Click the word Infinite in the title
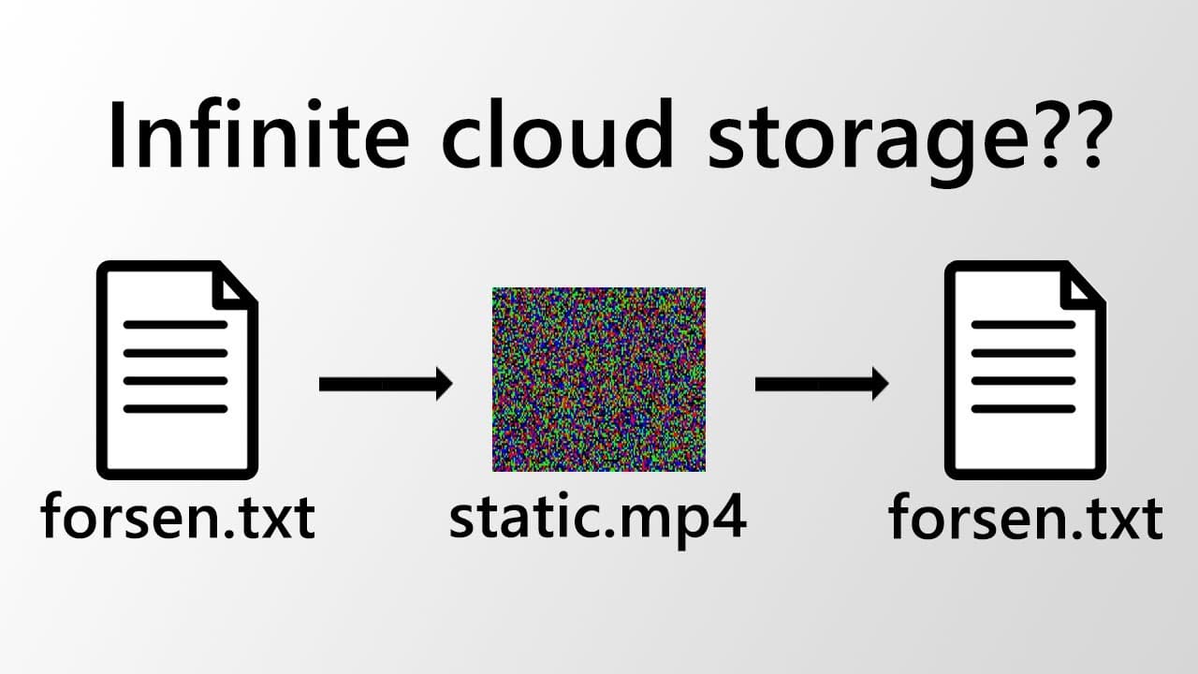click(x=258, y=136)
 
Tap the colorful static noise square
click(x=598, y=379)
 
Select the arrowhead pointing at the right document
click(x=876, y=384)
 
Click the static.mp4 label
click(x=597, y=518)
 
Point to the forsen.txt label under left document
click(x=178, y=518)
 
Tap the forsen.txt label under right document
click(x=1026, y=518)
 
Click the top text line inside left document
click(x=176, y=325)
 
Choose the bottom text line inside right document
click(x=1023, y=408)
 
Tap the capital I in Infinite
click(x=119, y=136)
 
